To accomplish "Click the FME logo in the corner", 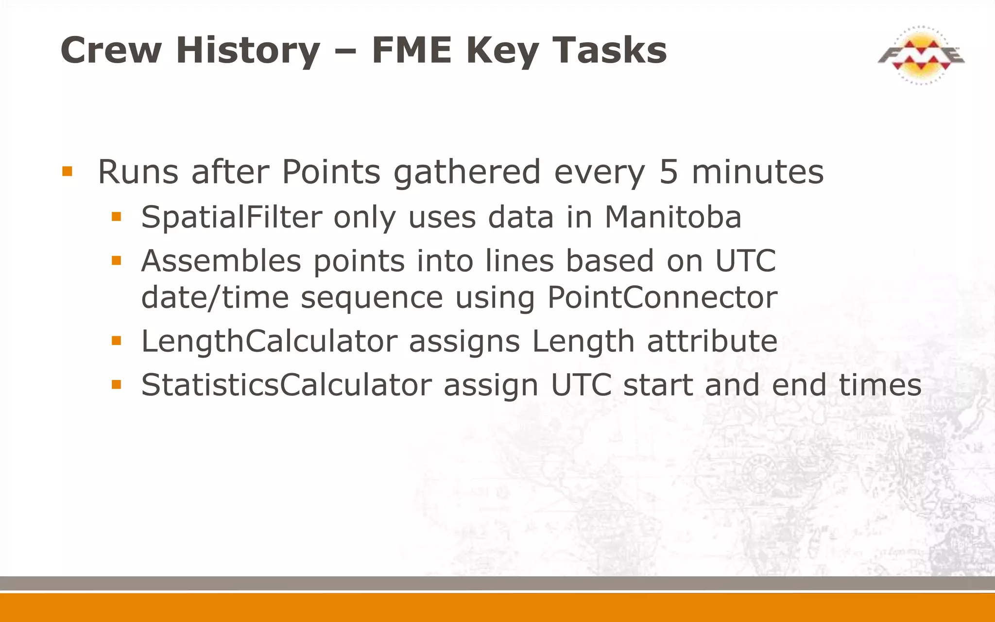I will click(921, 55).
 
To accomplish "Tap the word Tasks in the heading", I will click(610, 51).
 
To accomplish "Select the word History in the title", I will click(248, 51).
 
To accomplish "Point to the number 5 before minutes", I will click(668, 172).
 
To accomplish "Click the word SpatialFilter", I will click(231, 217).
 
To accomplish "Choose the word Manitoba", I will click(672, 217).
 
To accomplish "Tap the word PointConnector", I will click(662, 297).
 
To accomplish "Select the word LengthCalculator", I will click(269, 341).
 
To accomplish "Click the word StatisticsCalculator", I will click(286, 385).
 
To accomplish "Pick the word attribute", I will click(712, 341).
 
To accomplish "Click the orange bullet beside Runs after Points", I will click(68, 172).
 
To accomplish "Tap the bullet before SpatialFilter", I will click(116, 217).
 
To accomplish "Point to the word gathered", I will click(466, 172).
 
